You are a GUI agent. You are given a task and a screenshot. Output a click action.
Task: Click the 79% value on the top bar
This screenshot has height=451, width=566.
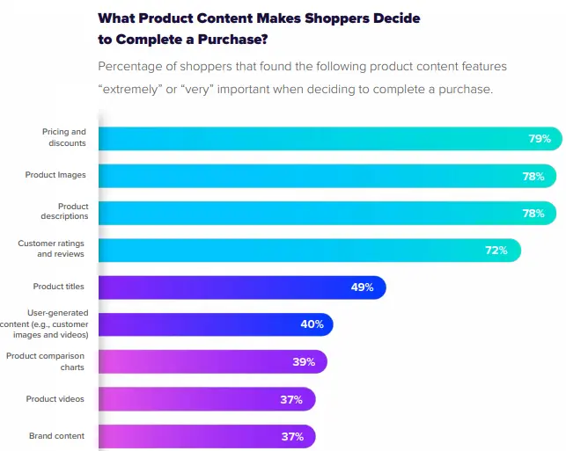tap(540, 139)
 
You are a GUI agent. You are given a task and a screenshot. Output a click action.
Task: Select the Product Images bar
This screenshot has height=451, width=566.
tap(326, 176)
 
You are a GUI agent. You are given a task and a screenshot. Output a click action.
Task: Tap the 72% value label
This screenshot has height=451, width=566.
tap(496, 251)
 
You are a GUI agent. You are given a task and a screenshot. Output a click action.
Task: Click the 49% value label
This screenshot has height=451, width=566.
tap(363, 287)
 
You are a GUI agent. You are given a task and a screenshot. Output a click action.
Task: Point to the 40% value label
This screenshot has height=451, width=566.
tap(312, 324)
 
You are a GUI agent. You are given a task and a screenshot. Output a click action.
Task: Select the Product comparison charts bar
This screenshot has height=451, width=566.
tap(211, 361)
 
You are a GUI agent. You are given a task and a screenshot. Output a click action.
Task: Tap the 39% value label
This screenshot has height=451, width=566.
tap(304, 361)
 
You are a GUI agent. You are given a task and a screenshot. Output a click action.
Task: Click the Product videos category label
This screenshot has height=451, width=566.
tap(55, 399)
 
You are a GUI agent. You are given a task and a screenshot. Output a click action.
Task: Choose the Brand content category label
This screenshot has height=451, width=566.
tap(56, 436)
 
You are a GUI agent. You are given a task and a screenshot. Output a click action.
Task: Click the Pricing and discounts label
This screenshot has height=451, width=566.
tap(63, 138)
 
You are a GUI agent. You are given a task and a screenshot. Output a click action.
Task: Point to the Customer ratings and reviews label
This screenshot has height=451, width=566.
tap(51, 249)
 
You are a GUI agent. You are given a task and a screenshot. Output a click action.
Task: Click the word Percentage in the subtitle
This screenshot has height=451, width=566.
tap(134, 67)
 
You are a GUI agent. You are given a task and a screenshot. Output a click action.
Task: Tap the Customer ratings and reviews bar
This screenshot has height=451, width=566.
tap(308, 251)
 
